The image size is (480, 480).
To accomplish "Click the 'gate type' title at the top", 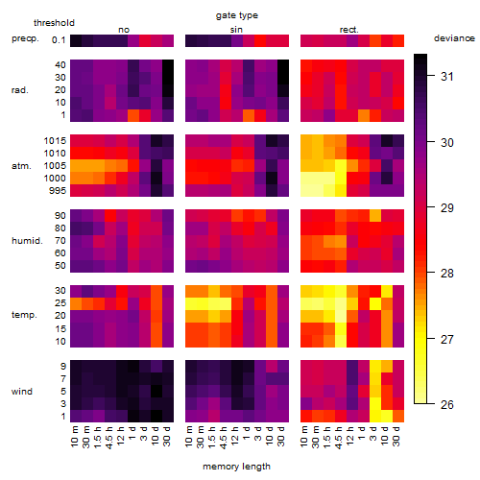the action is pos(237,15).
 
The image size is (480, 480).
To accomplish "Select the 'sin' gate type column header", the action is pos(236,30).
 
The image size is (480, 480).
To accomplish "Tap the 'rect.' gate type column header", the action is pos(348,30).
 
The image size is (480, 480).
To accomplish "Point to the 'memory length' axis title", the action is pos(236,467).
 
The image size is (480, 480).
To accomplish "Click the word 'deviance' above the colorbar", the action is pos(454,38).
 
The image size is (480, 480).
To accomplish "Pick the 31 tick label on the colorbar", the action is pos(447,76).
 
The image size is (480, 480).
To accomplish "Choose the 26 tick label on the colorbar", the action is pos(447,405).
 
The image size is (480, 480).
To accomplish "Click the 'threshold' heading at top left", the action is pos(54,23).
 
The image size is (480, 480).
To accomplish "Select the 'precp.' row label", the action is pos(25,38).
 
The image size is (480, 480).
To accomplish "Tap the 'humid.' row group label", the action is pos(27,241).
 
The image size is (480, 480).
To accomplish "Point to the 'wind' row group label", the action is pos(22,392).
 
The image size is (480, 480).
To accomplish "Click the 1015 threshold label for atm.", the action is pos(55,140).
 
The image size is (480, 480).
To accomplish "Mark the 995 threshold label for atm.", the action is pos(58,191).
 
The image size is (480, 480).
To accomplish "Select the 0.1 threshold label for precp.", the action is pos(59,40).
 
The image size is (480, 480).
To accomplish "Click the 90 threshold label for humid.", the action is pos(60,216).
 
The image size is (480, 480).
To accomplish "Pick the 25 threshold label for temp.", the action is pos(60,303).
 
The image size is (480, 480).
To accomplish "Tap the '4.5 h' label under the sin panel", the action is pos(224,437).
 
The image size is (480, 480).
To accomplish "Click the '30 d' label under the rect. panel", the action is pos(396,437).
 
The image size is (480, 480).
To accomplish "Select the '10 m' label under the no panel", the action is pos(74,437).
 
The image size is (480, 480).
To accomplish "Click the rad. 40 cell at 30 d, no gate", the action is pos(168,65).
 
